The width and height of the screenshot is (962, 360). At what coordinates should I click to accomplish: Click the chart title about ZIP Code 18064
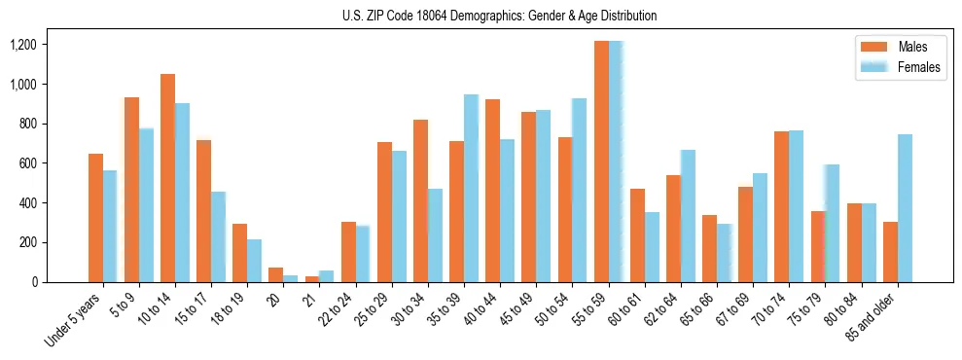500,16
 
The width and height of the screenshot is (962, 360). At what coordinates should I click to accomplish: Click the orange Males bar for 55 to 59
602,162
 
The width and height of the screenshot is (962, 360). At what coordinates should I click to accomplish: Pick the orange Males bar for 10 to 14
167,178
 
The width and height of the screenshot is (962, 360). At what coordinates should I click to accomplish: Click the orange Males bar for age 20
276,274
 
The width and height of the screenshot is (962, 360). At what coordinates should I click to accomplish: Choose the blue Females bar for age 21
327,276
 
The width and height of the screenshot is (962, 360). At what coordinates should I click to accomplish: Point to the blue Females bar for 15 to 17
219,236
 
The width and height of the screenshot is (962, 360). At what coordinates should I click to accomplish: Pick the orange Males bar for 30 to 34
421,200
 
